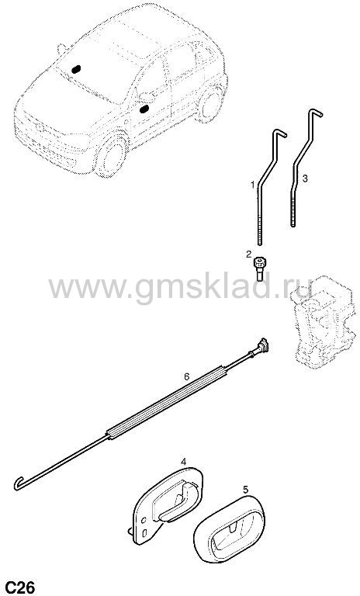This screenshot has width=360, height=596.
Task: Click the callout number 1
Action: [252, 185]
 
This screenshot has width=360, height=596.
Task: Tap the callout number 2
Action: [248, 254]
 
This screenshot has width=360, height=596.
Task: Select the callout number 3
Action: [305, 178]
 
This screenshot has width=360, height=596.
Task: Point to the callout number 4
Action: [183, 462]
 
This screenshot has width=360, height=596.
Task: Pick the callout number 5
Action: [246, 490]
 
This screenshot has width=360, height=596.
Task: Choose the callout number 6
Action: [187, 376]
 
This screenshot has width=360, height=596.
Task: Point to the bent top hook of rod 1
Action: [279, 133]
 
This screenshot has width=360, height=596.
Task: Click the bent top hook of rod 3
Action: [314, 112]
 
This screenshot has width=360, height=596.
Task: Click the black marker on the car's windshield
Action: [76, 69]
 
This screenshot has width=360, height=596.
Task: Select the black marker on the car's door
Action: [144, 109]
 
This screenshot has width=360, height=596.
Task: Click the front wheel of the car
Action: [113, 154]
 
